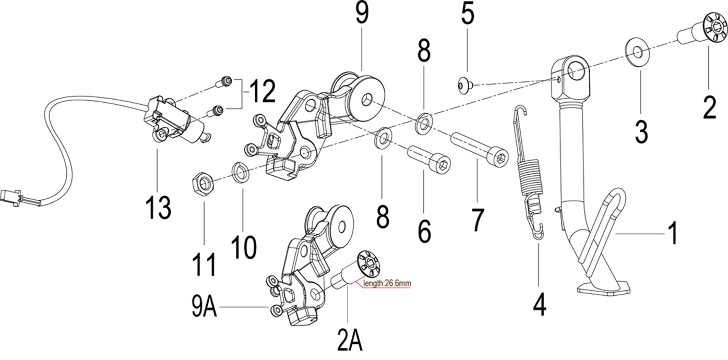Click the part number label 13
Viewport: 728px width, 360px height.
[159, 208]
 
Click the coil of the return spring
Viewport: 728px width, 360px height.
[530, 178]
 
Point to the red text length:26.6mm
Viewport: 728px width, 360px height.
[385, 283]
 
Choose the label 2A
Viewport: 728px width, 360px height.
[349, 342]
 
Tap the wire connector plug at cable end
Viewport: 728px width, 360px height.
[11, 198]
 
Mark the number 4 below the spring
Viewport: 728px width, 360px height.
[540, 303]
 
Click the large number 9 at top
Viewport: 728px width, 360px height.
[361, 14]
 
